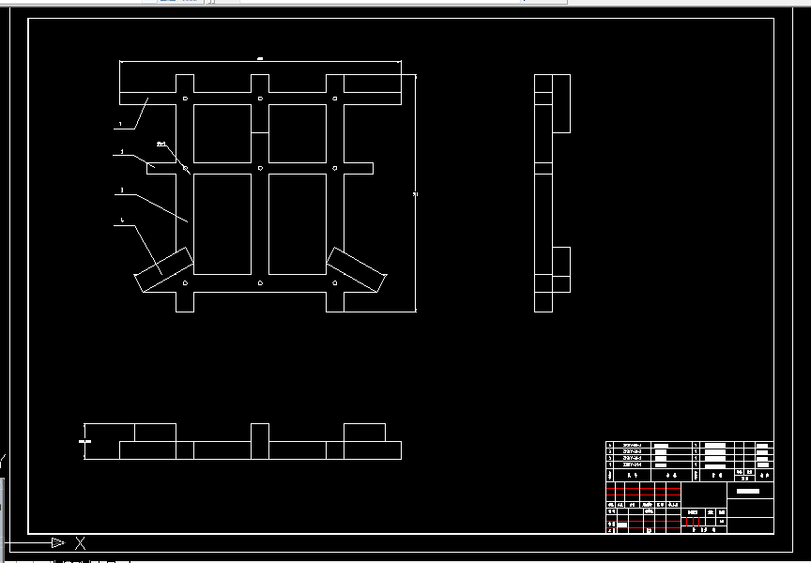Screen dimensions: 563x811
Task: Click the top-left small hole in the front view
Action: [x=185, y=99]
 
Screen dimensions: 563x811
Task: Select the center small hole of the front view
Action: [x=260, y=168]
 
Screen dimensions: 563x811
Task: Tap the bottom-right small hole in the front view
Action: [x=335, y=281]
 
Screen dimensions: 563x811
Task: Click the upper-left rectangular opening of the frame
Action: [x=222, y=132]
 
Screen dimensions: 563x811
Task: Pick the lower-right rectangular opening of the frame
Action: [x=297, y=223]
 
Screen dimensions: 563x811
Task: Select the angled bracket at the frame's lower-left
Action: [x=164, y=269]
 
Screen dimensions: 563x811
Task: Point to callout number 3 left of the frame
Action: [x=121, y=191]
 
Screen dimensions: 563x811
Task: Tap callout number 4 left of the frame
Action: [x=122, y=221]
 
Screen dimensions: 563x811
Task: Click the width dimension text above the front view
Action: [x=259, y=59]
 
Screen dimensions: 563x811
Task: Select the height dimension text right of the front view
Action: [x=416, y=194]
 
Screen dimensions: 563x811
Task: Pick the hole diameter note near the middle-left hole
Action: [x=161, y=144]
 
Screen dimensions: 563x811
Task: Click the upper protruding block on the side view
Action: [x=561, y=103]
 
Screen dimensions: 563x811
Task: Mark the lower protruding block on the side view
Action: [x=561, y=269]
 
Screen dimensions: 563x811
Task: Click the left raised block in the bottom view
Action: [x=156, y=433]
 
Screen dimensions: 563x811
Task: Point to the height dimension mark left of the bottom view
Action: [x=85, y=439]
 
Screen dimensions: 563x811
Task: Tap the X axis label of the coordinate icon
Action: [x=81, y=542]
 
